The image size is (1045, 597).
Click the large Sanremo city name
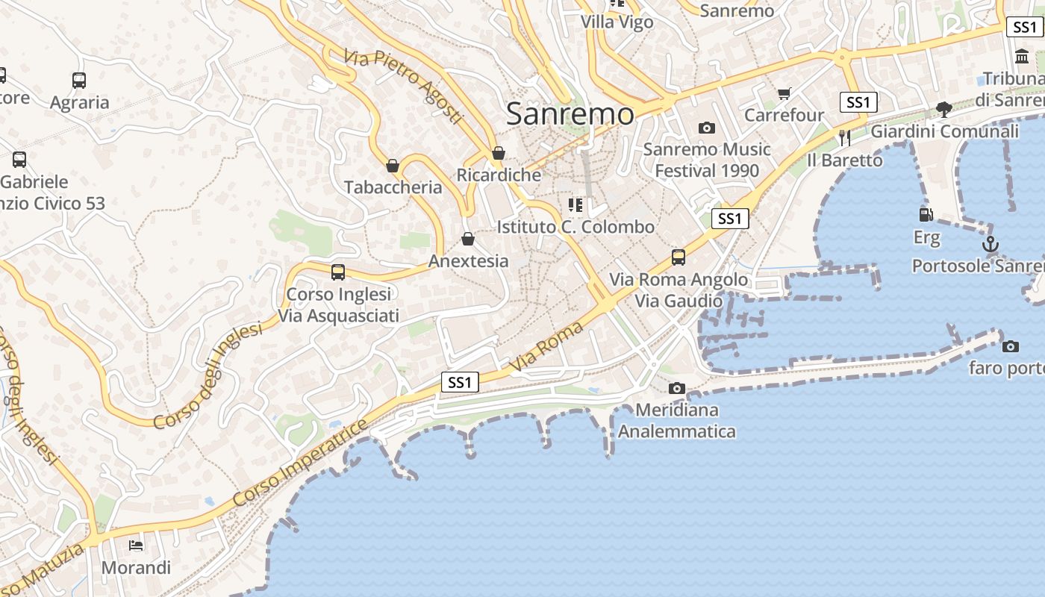(x=570, y=114)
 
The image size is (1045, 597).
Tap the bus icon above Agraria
(x=79, y=81)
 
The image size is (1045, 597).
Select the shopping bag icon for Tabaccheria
(x=393, y=166)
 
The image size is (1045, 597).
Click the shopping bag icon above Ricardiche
(x=498, y=154)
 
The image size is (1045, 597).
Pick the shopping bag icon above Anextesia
(x=468, y=240)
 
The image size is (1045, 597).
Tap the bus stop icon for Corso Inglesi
(x=338, y=272)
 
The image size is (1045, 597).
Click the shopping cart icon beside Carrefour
(x=784, y=93)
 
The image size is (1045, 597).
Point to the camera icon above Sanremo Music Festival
(x=706, y=128)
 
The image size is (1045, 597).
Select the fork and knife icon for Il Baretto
(x=845, y=137)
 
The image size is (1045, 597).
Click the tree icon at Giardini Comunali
(x=944, y=110)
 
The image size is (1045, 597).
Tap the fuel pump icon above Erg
(x=926, y=215)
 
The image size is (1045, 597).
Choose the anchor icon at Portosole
(x=990, y=244)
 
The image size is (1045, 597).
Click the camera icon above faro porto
(x=1011, y=346)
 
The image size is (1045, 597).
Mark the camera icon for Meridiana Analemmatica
(x=677, y=388)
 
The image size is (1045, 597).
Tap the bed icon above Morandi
(x=136, y=546)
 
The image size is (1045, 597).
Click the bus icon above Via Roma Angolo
(x=679, y=257)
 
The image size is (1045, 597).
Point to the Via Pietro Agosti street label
(x=404, y=87)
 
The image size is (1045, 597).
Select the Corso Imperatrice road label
(x=301, y=464)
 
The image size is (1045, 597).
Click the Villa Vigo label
(x=617, y=22)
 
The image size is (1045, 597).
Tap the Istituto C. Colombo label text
(x=575, y=227)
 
